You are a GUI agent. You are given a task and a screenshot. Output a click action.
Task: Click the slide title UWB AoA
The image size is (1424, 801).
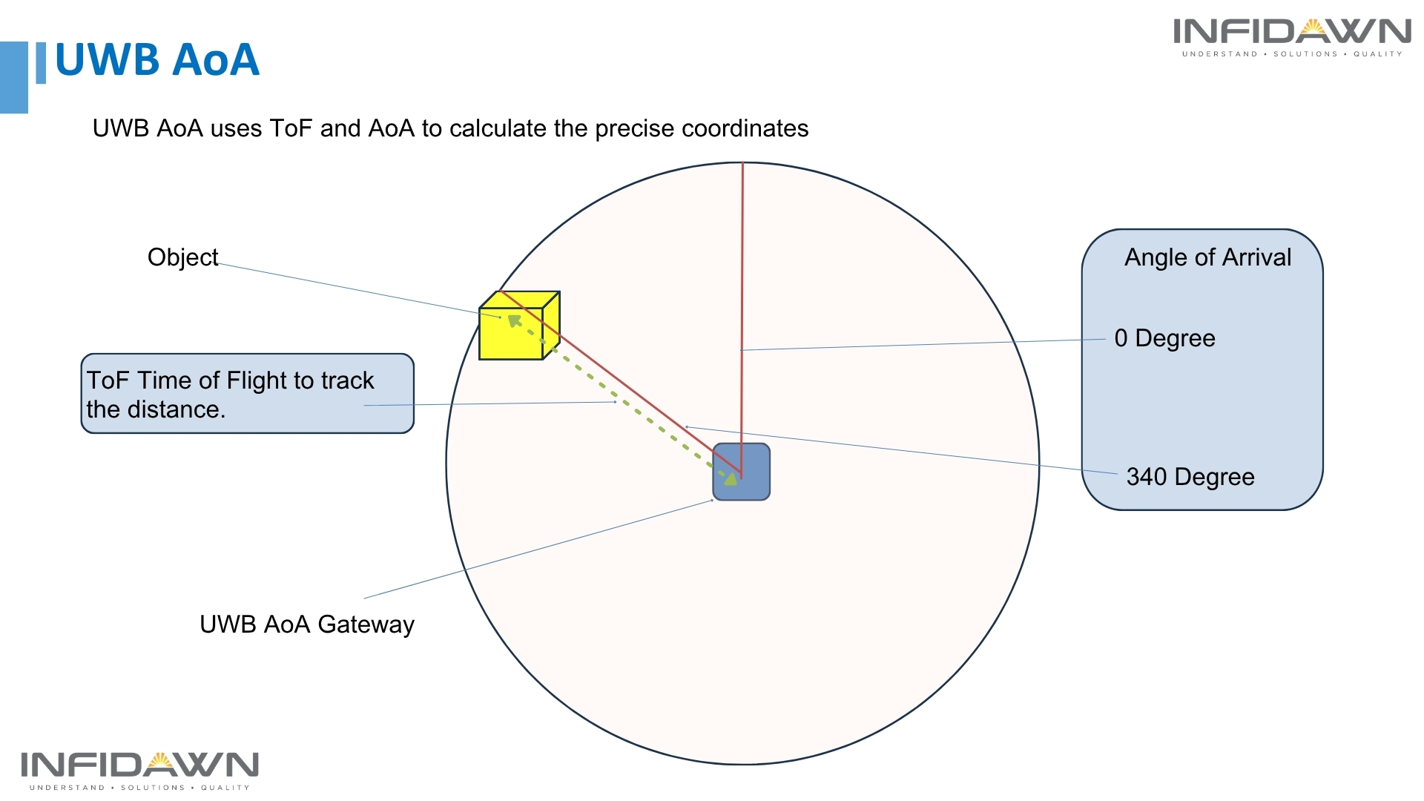coord(157,59)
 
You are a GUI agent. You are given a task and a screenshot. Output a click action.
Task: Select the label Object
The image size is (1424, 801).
coord(182,257)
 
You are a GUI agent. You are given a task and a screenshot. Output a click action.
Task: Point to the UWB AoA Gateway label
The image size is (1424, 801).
coord(306,624)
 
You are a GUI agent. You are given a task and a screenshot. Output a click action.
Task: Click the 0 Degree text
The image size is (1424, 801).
coord(1164,338)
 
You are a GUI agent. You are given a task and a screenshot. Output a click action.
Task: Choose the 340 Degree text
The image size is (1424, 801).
coord(1190,477)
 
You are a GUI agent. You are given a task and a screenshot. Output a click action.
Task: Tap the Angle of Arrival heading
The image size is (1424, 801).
coord(1207,257)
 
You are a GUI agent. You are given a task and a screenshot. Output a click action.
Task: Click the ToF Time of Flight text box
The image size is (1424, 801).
coord(247,394)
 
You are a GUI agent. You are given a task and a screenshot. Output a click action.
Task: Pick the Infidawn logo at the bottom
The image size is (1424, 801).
coord(139,770)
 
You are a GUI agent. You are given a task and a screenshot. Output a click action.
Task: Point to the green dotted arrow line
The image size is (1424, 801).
coord(623,401)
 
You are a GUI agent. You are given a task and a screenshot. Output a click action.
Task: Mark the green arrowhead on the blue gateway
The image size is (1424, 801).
coord(731,478)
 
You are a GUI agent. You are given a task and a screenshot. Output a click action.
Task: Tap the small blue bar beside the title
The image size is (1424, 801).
coord(41,63)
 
